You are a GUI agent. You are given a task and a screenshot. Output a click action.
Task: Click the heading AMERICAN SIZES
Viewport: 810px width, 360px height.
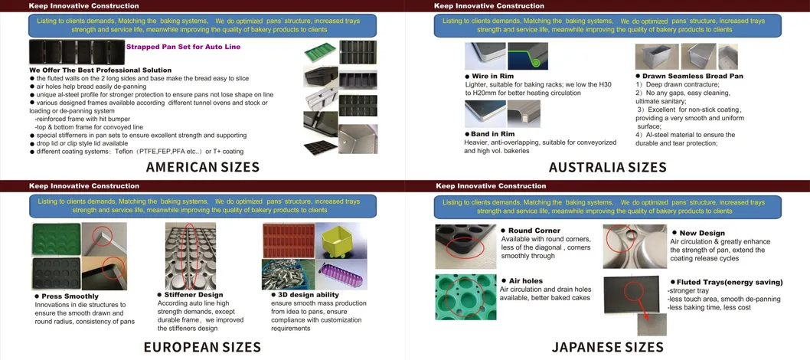point(202,167)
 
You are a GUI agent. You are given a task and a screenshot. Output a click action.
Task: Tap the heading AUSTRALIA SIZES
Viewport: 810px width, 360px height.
point(608,167)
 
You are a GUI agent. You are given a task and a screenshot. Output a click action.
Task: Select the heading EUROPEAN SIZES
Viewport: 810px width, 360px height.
point(202,346)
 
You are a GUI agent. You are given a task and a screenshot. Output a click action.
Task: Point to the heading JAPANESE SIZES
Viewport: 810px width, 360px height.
point(608,346)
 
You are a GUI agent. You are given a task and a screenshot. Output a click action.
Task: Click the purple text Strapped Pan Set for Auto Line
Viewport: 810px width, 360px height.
point(184,47)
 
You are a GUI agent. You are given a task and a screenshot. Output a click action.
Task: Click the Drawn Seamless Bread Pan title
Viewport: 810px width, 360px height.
point(689,76)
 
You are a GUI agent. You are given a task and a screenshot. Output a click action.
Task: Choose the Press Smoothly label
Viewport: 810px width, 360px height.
point(66,296)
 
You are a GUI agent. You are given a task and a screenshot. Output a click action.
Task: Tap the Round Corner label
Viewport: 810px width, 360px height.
point(531,231)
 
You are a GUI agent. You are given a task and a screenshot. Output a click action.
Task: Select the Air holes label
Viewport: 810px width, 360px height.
point(521,280)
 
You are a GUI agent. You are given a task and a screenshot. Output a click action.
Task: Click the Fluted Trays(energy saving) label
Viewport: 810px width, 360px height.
point(727,282)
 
